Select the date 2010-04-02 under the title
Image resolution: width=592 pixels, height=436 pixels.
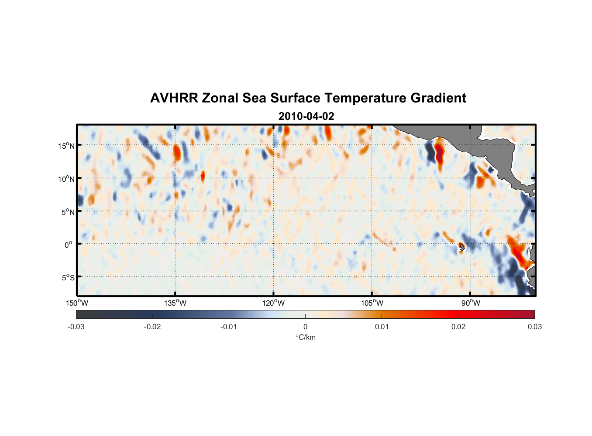click(306, 116)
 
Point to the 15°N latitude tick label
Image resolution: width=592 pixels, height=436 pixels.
click(66, 146)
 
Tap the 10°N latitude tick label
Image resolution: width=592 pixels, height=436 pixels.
click(66, 179)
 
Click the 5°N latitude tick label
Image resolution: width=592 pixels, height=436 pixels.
click(68, 212)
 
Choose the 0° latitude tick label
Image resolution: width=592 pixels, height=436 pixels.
click(69, 245)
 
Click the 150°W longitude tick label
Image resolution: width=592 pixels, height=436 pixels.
click(77, 303)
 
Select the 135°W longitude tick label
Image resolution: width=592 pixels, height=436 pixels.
click(175, 303)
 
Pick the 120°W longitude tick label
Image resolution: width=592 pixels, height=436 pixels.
click(273, 303)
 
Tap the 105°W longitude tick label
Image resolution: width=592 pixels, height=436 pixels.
click(372, 303)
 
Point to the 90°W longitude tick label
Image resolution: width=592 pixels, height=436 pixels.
click(471, 303)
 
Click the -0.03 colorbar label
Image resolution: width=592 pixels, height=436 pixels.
click(76, 327)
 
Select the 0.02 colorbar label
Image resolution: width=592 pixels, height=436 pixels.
click(458, 327)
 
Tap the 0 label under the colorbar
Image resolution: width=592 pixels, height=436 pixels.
click(305, 327)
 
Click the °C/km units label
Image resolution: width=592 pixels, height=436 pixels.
click(305, 337)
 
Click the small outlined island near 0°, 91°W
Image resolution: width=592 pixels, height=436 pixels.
click(462, 247)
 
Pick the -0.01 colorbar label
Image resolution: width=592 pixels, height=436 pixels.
click(229, 327)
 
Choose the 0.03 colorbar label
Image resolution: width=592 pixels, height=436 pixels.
click(534, 327)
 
